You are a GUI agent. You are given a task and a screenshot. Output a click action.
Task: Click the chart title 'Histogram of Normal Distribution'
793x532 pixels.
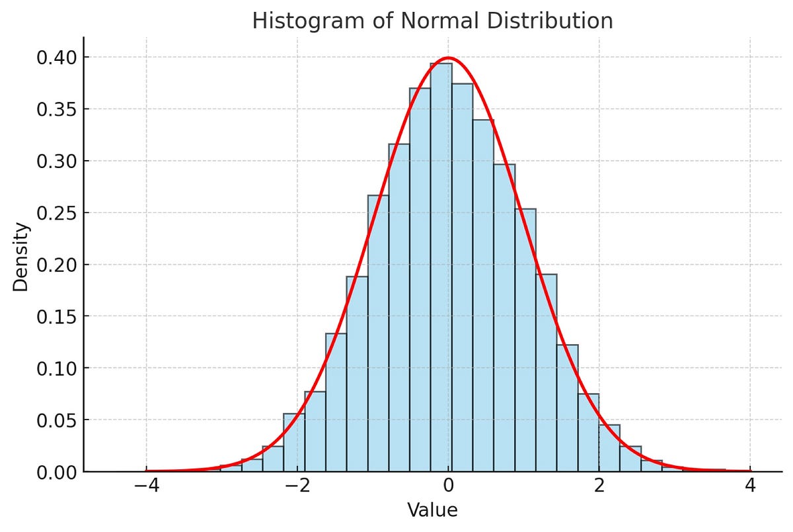pos(432,21)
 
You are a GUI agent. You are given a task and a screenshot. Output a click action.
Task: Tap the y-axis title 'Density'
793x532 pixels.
pos(22,257)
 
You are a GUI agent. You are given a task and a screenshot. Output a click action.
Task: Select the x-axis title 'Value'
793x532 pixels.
pos(432,510)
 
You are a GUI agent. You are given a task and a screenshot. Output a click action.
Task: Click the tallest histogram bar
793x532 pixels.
pos(441,265)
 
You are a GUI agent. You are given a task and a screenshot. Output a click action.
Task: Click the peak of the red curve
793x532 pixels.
pos(449,58)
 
